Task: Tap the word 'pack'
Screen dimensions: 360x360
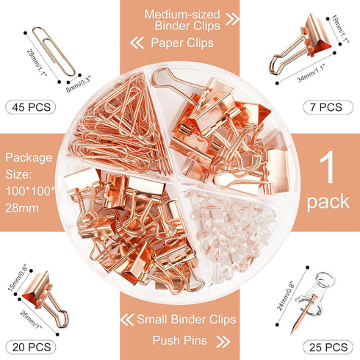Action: tap(328, 201)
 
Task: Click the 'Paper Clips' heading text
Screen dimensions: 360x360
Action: tap(182, 43)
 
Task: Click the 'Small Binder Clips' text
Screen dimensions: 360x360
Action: tap(187, 320)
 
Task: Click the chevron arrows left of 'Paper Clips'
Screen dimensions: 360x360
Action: tap(138, 43)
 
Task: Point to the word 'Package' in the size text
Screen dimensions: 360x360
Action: tap(29, 158)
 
